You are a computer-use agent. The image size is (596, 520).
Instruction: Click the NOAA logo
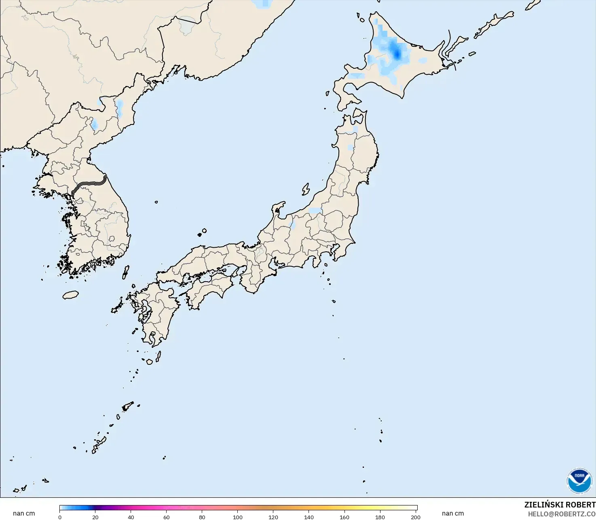coord(579,480)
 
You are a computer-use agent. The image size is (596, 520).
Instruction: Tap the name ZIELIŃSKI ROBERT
coord(560,505)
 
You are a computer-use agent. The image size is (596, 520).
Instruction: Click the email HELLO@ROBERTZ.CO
coord(562,514)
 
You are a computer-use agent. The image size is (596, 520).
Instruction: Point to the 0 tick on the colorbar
coord(60,517)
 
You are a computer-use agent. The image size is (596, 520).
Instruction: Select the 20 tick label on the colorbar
coord(95,517)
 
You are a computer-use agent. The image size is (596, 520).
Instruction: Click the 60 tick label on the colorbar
coord(167,517)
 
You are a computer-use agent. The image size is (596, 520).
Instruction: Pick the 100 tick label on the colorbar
coord(238,517)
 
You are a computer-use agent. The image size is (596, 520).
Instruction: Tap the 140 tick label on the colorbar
coord(309,517)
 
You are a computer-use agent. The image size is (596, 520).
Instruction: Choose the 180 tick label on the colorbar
coord(380,517)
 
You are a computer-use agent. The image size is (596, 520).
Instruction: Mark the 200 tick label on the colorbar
coord(416,517)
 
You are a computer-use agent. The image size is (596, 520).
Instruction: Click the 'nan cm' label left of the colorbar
coord(24,514)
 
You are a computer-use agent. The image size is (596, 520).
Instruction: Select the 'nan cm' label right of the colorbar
coord(453,514)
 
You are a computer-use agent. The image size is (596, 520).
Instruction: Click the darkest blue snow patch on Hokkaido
coord(397,53)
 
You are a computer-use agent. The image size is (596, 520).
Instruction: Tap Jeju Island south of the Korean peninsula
coord(71,295)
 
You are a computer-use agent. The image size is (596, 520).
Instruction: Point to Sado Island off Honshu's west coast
coord(306,189)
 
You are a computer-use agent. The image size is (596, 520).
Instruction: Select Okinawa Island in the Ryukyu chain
coord(99,444)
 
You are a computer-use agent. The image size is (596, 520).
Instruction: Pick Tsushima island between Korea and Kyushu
coord(126,272)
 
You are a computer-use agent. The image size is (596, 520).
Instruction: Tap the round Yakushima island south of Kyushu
coord(150,362)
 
